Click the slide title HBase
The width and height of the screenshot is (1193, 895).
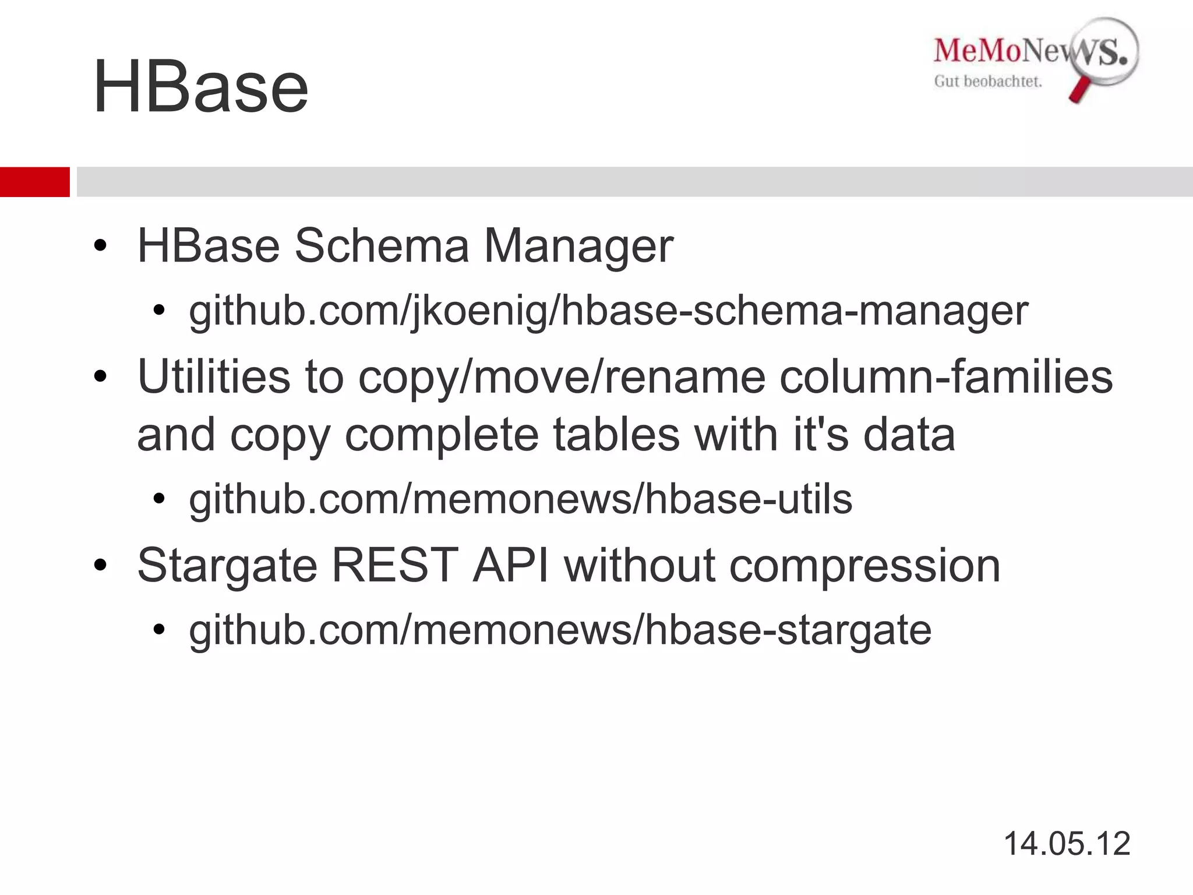pos(200,87)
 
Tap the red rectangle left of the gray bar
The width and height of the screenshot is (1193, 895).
pos(34,182)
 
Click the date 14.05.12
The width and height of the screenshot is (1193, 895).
pos(1067,843)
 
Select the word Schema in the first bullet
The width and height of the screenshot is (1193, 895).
pos(382,246)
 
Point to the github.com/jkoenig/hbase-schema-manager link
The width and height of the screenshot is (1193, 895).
pos(609,311)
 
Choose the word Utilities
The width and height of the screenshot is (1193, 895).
pos(213,376)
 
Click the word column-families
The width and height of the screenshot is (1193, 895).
pos(946,376)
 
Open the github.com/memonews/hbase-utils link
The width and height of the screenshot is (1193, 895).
pos(520,499)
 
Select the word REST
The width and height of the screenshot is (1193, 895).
pos(394,565)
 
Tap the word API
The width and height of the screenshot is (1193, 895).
pos(511,565)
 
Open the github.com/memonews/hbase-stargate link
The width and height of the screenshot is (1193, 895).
pos(560,630)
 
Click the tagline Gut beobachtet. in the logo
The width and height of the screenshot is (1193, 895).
pos(988,82)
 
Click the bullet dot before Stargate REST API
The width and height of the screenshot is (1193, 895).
pos(100,565)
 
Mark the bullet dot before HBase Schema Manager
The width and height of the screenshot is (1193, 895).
pos(100,246)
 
